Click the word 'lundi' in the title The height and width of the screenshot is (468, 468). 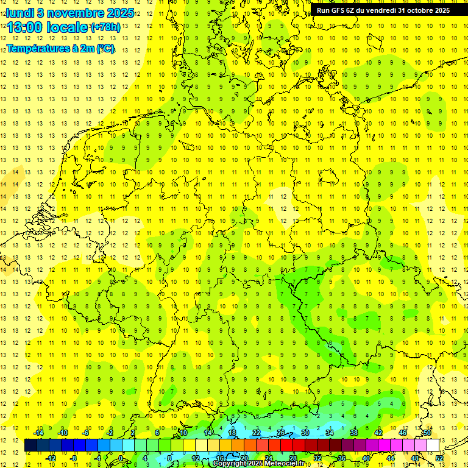click(19, 12)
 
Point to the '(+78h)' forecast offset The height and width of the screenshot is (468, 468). click(105, 27)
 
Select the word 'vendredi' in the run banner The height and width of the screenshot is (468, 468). click(381, 10)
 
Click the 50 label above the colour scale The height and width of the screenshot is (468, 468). click(427, 433)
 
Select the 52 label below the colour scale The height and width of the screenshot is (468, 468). click(439, 458)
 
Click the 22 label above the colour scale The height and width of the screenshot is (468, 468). click(257, 433)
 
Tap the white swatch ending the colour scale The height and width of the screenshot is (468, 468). click(433, 445)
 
